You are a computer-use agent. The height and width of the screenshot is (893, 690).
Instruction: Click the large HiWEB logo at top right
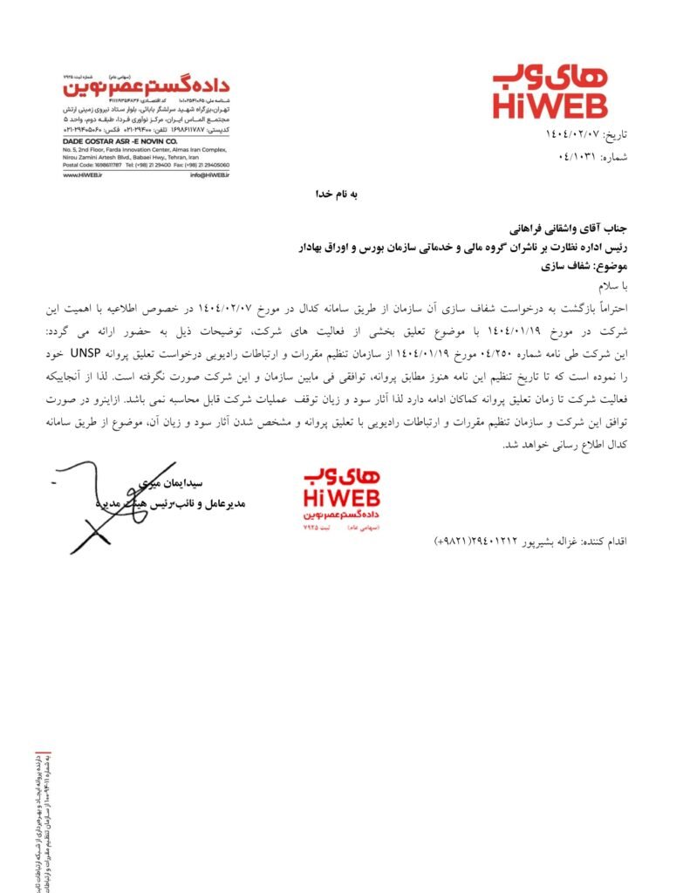(550, 90)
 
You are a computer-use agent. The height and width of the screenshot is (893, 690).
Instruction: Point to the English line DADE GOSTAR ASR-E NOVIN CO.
(120, 140)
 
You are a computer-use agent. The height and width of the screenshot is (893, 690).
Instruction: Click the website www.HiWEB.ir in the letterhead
(83, 174)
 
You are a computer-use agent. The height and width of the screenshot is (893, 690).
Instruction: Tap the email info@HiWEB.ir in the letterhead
(209, 174)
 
